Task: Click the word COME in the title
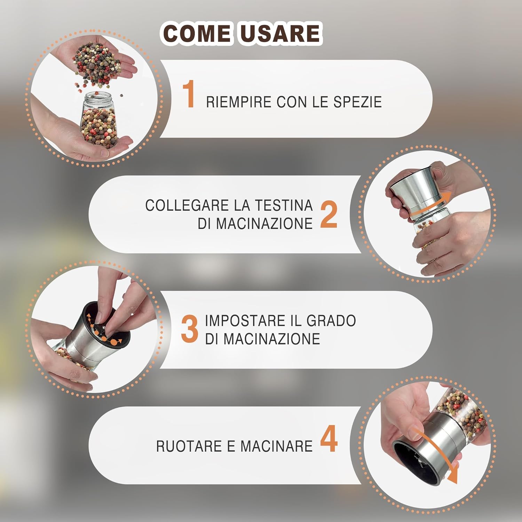click(x=197, y=33)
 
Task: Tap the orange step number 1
click(x=189, y=94)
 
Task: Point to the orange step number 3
click(x=190, y=329)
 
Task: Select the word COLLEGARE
click(x=187, y=205)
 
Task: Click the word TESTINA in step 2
click(x=284, y=205)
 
